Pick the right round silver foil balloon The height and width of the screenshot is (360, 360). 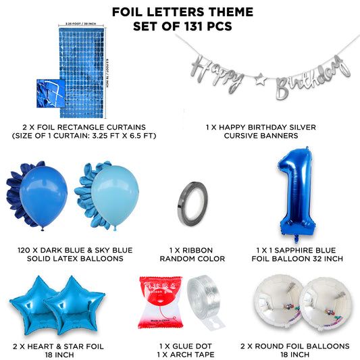[x=321, y=303]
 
